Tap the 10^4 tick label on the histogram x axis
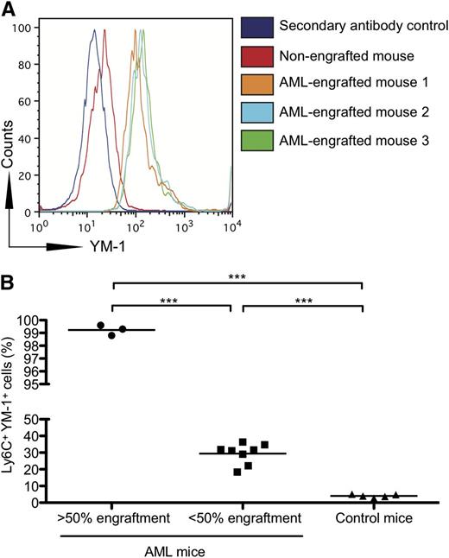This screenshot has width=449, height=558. coord(229,227)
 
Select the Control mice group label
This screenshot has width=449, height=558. coord(363,518)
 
